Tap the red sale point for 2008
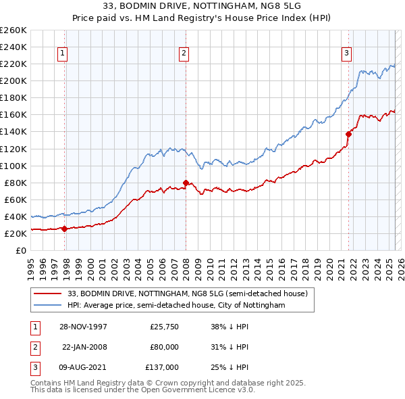click(186, 183)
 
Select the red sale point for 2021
click(349, 134)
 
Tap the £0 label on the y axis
click(20, 250)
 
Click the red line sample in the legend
click(48, 294)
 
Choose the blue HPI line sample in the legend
click(48, 306)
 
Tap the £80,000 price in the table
click(164, 347)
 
